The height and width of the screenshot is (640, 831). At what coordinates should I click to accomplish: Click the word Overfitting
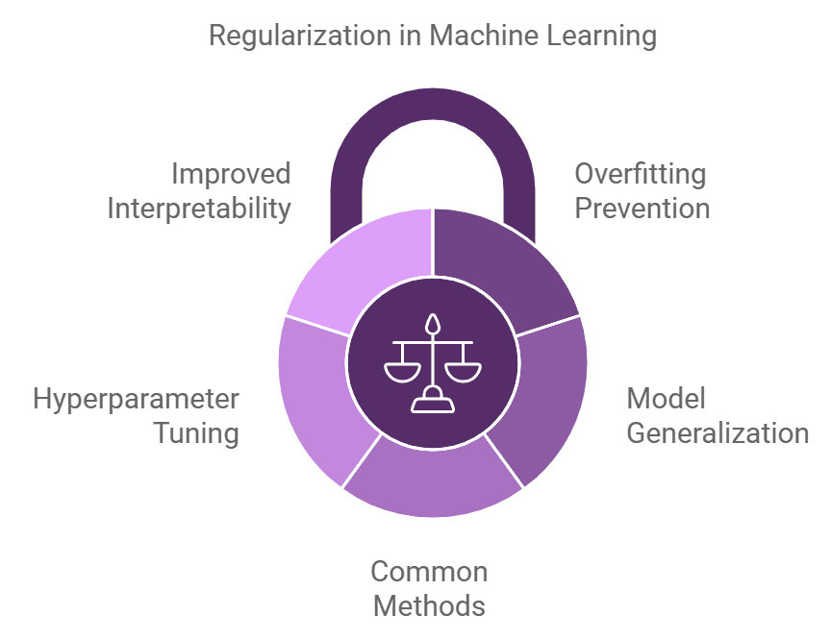click(x=640, y=174)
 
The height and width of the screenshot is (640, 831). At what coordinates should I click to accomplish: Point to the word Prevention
click(x=642, y=208)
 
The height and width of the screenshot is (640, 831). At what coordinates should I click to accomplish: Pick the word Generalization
click(x=718, y=432)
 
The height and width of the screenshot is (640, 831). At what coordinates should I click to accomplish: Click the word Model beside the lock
click(x=666, y=399)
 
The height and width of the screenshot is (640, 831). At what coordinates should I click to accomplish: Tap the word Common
click(x=429, y=572)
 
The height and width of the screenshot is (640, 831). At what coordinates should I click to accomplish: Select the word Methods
click(x=429, y=606)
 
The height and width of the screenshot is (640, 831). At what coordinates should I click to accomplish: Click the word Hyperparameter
click(x=136, y=399)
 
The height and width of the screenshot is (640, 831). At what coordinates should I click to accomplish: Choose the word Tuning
click(x=197, y=432)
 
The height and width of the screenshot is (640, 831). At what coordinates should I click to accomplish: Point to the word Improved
click(x=231, y=174)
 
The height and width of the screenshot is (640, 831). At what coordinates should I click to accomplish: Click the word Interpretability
click(x=199, y=208)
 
